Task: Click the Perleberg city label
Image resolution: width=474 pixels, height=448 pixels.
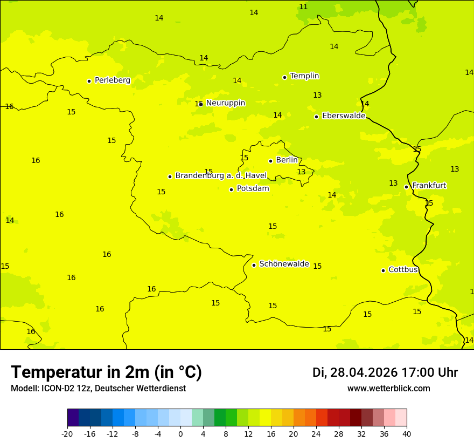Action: pos(112,80)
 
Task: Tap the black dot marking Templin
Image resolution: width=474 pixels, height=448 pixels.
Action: pos(284,77)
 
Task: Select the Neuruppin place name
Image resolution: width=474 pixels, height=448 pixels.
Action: pos(225,103)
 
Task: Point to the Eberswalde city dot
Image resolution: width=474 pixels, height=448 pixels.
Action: pos(316,117)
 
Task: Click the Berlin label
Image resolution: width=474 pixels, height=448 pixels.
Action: pos(287,160)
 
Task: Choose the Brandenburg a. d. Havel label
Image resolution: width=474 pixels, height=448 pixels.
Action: pos(221,176)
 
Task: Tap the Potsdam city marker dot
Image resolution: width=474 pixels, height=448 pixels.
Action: pos(231,189)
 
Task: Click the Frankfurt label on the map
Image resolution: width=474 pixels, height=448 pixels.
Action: pos(429,186)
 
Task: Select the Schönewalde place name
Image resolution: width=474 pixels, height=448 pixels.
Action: pos(284,264)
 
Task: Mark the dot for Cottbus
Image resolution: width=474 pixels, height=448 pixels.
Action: pos(383,270)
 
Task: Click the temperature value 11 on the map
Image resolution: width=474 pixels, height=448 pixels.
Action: pos(303,7)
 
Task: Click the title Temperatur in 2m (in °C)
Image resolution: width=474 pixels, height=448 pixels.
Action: pos(106,372)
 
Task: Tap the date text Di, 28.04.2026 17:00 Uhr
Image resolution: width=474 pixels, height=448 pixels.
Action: pos(385,373)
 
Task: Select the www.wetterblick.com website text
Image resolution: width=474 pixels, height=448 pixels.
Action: pos(388,389)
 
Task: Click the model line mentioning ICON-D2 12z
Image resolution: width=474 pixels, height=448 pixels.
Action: pos(98,389)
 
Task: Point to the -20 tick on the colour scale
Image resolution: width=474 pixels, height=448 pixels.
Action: pos(67,433)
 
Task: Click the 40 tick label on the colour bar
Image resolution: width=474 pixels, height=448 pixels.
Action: pos(407,433)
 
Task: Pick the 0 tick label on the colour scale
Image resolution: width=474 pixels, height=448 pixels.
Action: pos(180,433)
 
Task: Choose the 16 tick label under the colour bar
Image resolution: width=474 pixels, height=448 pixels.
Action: pos(271,433)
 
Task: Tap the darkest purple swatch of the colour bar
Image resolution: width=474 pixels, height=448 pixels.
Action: pos(73,418)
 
